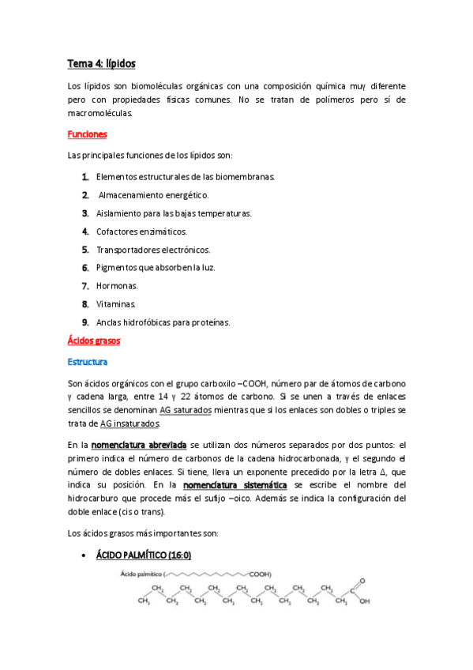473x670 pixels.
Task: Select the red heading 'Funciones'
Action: pyautogui.click(x=88, y=135)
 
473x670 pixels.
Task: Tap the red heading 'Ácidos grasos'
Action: pyautogui.click(x=93, y=341)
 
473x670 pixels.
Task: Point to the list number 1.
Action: pyautogui.click(x=84, y=176)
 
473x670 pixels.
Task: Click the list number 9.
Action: pyautogui.click(x=84, y=322)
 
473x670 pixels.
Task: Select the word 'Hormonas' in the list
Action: pyautogui.click(x=116, y=285)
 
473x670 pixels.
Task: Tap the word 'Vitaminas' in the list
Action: pyautogui.click(x=116, y=303)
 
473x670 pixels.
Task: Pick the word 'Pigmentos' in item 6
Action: pyautogui.click(x=117, y=267)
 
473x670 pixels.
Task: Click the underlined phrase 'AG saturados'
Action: pyautogui.click(x=185, y=411)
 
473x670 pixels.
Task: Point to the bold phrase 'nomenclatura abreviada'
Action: pyautogui.click(x=139, y=445)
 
